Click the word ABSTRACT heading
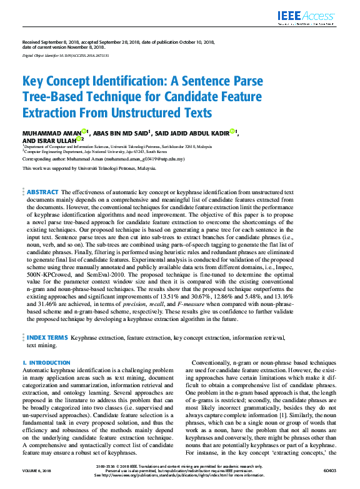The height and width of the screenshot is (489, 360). tap(42, 192)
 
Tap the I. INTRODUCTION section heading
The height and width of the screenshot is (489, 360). tap(46, 363)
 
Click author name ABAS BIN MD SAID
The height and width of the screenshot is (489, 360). tap(120, 132)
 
